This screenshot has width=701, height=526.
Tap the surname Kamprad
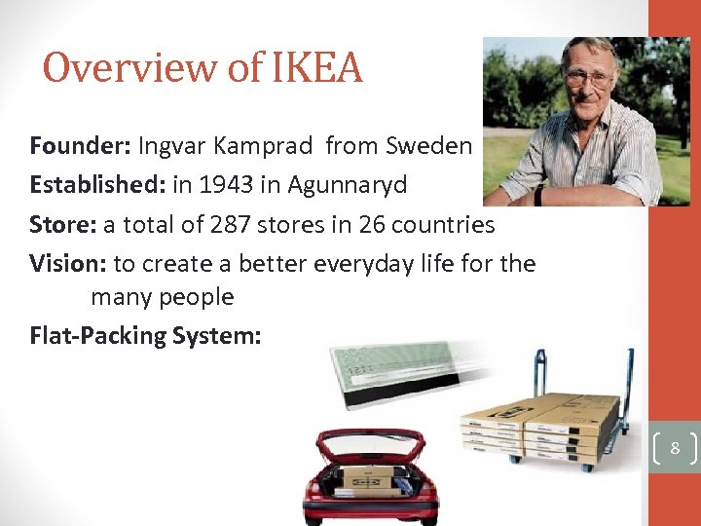[265, 146]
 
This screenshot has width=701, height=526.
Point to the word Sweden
[428, 146]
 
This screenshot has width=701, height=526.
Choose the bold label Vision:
[68, 264]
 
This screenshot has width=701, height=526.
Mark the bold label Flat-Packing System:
[145, 335]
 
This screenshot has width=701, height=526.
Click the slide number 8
[674, 449]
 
